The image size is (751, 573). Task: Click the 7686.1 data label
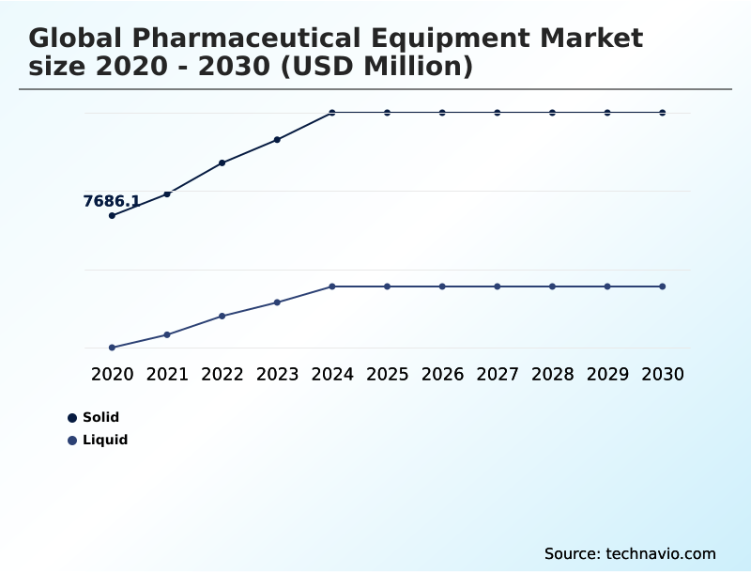click(x=112, y=201)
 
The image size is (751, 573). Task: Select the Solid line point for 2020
click(x=113, y=216)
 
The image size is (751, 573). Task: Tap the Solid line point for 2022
click(x=222, y=163)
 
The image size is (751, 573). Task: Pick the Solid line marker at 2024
click(x=332, y=113)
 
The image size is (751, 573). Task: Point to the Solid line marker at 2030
click(x=663, y=113)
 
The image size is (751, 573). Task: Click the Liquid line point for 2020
click(x=113, y=348)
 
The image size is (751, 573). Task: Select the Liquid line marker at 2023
click(x=277, y=302)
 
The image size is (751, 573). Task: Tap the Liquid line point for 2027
click(x=498, y=286)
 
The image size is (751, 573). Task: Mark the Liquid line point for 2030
click(x=663, y=286)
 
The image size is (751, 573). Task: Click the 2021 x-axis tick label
click(x=167, y=374)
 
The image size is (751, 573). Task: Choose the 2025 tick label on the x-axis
click(x=387, y=374)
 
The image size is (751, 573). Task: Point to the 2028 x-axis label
click(x=552, y=374)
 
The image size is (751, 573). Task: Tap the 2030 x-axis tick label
click(x=663, y=374)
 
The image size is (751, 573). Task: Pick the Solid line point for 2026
click(x=442, y=113)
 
